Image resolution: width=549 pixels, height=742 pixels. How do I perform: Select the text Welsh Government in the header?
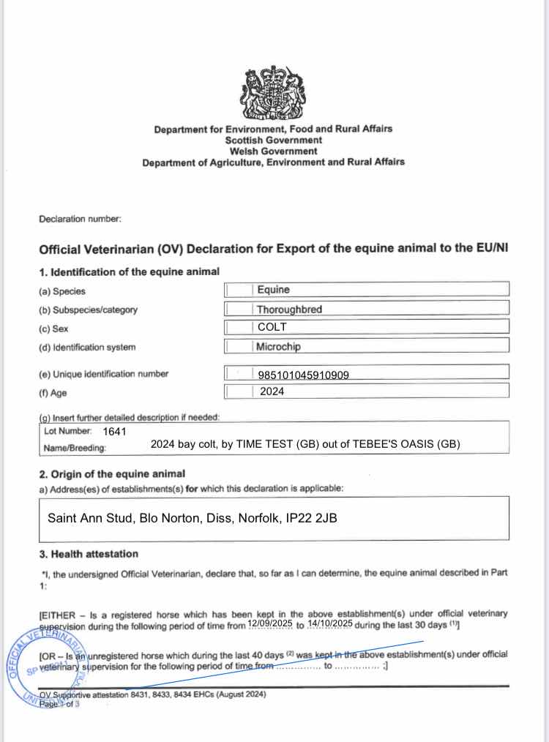click(273, 151)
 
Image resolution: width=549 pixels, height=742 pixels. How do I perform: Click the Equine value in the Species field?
click(273, 290)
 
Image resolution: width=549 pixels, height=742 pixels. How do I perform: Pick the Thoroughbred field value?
click(289, 309)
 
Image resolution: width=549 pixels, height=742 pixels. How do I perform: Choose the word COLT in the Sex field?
click(272, 328)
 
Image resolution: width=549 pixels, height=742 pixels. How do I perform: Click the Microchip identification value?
click(278, 346)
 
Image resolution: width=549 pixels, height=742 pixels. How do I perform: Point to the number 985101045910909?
click(303, 375)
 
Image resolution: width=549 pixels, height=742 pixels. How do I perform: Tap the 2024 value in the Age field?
click(272, 391)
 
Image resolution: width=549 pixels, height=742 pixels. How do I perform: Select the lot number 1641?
click(115, 431)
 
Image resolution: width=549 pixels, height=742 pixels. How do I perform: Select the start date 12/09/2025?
click(270, 623)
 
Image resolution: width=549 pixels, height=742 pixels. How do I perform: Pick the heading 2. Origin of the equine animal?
click(111, 473)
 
